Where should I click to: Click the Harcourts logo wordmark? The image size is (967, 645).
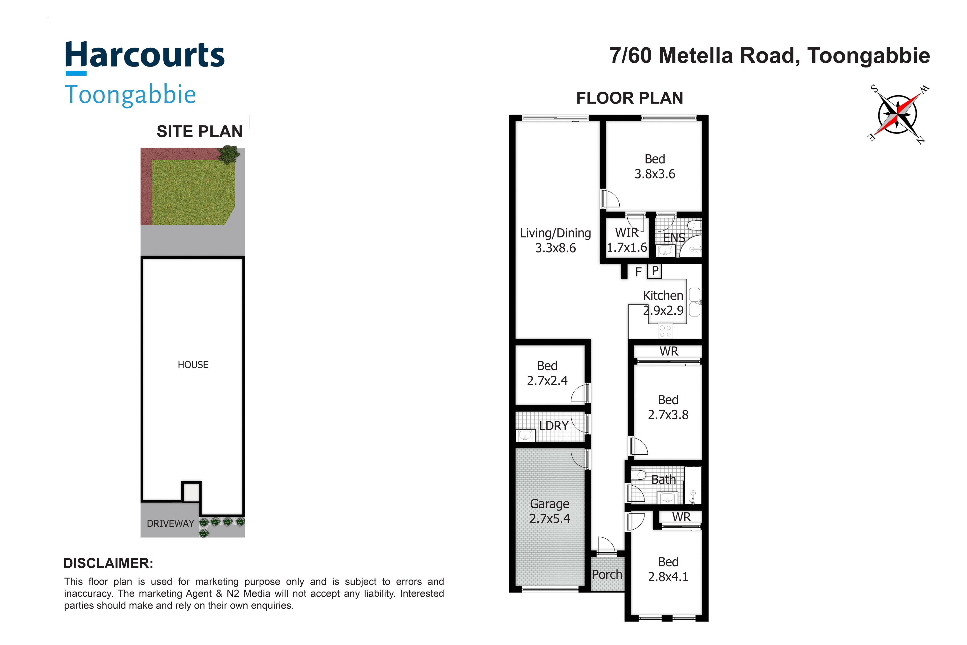145,56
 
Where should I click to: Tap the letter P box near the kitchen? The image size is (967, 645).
655,271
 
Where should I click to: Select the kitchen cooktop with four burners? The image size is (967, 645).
665,331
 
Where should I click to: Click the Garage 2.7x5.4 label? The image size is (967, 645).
550,511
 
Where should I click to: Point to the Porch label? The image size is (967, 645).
607,574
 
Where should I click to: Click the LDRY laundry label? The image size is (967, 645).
554,426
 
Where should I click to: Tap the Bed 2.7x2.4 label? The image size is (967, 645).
547,373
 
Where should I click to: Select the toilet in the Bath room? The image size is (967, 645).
638,475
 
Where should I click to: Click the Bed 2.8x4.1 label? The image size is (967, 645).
668,569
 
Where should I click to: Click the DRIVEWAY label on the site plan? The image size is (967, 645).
170,524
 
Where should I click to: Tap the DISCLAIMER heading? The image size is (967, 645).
108,563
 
